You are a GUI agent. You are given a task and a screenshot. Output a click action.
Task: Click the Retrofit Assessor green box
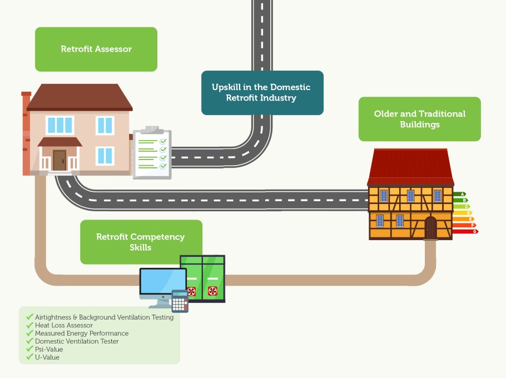click(x=96, y=49)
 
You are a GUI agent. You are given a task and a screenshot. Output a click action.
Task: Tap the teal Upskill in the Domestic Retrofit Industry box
click(x=262, y=93)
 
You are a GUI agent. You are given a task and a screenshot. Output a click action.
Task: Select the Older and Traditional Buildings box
click(x=419, y=119)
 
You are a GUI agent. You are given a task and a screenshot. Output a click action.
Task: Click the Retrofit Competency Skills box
click(x=141, y=242)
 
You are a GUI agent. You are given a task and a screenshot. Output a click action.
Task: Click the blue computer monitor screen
click(x=162, y=283)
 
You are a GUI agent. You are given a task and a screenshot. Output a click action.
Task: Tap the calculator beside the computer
click(x=180, y=301)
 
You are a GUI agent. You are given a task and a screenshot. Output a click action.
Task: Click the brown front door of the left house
click(x=59, y=160)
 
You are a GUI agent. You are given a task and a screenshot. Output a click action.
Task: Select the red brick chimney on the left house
click(x=26, y=133)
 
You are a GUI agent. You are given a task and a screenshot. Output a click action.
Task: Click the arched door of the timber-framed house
click(x=431, y=228)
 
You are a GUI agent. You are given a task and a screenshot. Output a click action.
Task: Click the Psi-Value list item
click(x=49, y=349)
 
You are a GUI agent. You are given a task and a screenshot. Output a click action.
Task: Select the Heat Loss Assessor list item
click(x=64, y=325)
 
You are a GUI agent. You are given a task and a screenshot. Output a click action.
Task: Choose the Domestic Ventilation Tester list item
click(x=77, y=341)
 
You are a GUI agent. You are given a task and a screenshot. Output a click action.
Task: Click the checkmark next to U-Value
click(x=29, y=357)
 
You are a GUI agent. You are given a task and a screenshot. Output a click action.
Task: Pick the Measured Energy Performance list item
click(x=82, y=333)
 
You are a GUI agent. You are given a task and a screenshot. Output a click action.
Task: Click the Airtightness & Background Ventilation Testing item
click(x=104, y=317)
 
